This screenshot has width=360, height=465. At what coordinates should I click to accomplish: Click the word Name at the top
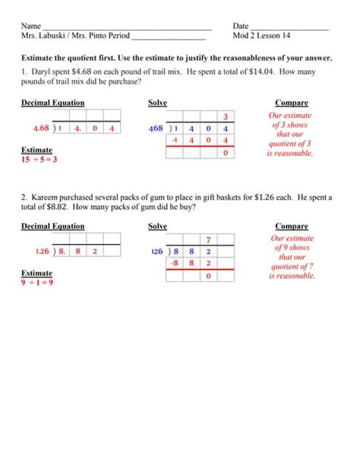tap(31, 26)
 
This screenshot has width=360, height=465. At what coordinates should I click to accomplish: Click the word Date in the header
tap(241, 26)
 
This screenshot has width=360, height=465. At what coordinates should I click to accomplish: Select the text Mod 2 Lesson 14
tap(261, 36)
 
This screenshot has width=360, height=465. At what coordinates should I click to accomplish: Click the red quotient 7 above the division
tap(208, 239)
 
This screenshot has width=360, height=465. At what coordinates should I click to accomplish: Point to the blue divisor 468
tap(156, 129)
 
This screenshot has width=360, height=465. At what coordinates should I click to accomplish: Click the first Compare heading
tap(292, 103)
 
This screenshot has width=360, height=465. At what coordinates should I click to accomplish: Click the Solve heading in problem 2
tap(157, 226)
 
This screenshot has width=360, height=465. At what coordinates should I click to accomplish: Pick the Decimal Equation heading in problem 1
tap(52, 103)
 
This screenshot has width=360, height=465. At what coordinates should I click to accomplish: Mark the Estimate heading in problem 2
tap(36, 273)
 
